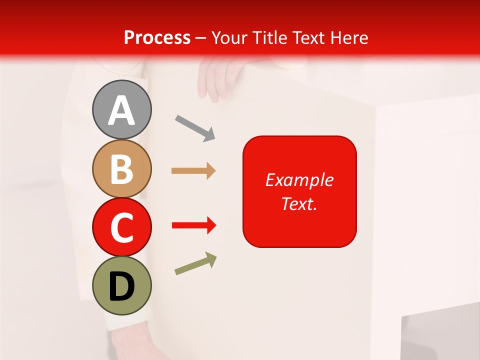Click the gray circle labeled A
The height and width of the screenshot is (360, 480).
point(121,109)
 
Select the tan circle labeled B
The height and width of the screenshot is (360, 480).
point(121,168)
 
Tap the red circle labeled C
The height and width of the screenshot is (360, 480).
point(121,227)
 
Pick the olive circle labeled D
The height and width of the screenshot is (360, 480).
point(121,285)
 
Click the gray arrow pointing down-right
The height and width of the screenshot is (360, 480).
point(195,127)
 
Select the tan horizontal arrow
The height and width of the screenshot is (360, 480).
point(193,171)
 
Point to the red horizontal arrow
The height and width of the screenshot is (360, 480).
point(193,225)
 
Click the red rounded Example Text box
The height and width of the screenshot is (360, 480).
point(299,191)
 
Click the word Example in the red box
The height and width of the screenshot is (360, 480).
point(299,180)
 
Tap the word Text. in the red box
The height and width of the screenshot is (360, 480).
point(299,203)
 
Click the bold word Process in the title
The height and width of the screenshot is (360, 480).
point(157,37)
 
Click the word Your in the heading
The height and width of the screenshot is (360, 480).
point(229,37)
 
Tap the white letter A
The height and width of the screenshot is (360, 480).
point(121,110)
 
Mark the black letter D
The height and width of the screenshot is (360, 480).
point(121,286)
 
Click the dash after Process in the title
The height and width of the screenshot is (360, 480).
point(201,38)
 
